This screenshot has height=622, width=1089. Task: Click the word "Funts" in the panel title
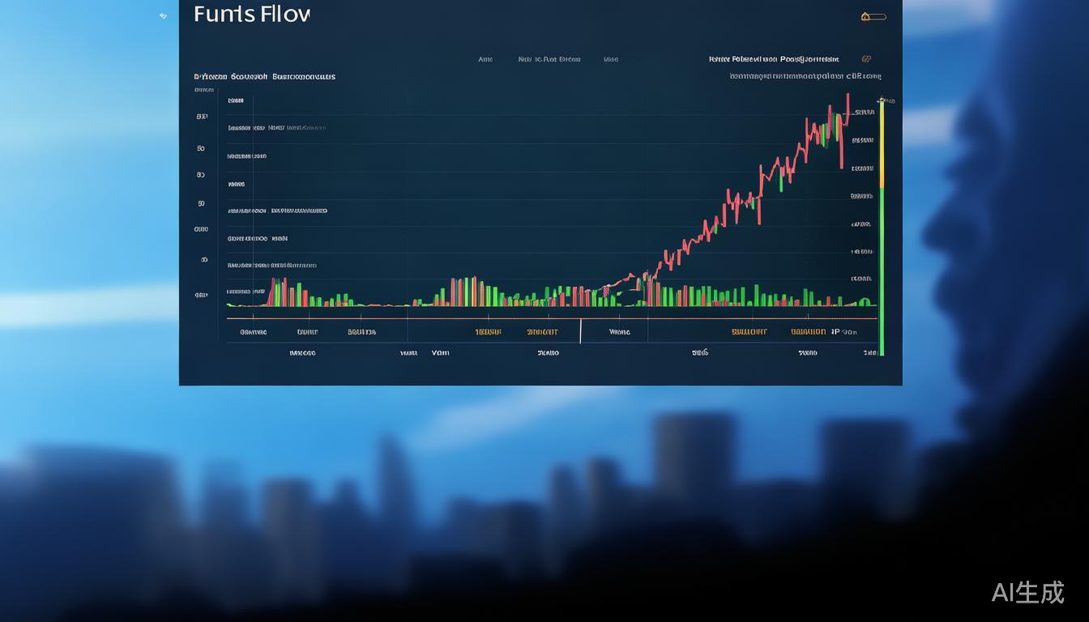(x=224, y=15)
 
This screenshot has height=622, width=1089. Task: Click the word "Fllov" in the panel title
(x=284, y=15)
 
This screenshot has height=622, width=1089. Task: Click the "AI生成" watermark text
(x=1027, y=592)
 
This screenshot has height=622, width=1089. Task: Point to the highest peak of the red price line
(x=848, y=96)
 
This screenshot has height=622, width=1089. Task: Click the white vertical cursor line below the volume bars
(x=581, y=331)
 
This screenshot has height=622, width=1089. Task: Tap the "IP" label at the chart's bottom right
(x=835, y=331)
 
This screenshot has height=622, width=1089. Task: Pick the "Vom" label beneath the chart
(x=440, y=353)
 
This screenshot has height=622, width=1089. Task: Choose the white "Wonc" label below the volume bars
(x=619, y=332)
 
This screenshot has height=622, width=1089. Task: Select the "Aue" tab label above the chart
(x=485, y=59)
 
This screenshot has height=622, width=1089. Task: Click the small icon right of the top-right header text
(x=866, y=59)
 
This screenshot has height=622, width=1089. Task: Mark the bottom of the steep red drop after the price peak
(x=842, y=167)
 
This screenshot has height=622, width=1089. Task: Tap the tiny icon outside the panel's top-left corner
(x=163, y=15)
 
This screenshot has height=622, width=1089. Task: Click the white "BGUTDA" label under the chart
(x=361, y=332)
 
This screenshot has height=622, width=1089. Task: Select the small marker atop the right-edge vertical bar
(x=882, y=101)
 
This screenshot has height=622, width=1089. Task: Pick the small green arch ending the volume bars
(x=865, y=302)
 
